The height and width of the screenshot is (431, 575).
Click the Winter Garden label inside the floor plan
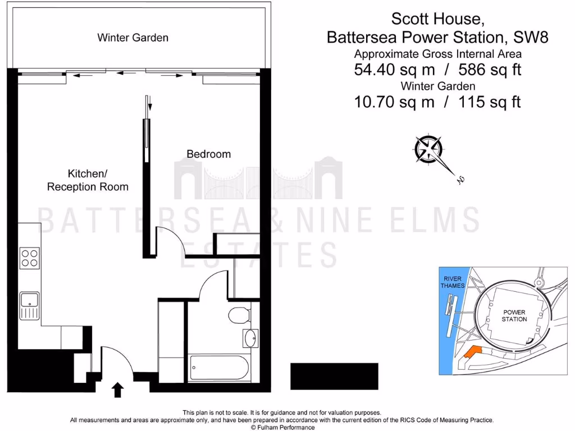(x=133, y=38)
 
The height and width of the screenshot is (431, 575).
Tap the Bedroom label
(x=208, y=154)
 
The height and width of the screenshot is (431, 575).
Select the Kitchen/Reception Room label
(x=88, y=180)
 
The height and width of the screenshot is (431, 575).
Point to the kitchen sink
(x=29, y=306)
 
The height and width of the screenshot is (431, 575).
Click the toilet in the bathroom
(x=240, y=315)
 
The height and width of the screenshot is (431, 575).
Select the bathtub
(x=218, y=368)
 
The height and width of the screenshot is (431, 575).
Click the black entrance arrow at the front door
(x=118, y=389)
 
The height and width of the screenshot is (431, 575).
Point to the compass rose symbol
(x=428, y=148)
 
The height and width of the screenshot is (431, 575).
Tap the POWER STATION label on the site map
(x=514, y=315)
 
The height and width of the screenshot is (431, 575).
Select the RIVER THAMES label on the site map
(x=453, y=282)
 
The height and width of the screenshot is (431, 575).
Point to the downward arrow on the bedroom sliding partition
(x=149, y=104)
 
